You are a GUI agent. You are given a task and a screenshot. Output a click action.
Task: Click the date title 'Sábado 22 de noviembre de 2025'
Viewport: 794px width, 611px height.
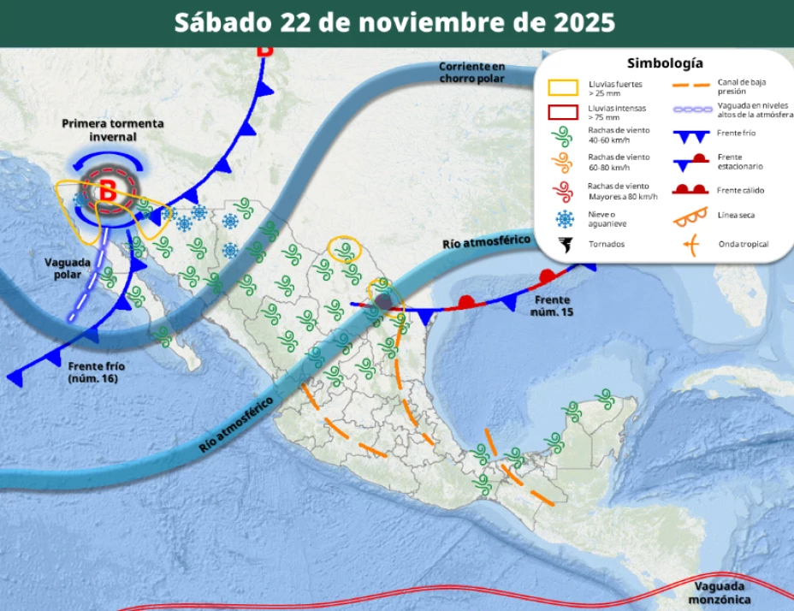pyautogui.click(x=394, y=22)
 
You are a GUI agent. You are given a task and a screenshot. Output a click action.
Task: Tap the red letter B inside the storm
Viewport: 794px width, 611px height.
pyautogui.click(x=107, y=192)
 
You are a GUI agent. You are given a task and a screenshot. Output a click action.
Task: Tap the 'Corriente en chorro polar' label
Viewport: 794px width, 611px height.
pyautogui.click(x=471, y=72)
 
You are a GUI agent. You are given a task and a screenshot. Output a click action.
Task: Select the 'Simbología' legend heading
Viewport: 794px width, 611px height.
pyautogui.click(x=665, y=63)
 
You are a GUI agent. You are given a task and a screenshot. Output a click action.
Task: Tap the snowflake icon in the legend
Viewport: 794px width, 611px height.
pyautogui.click(x=563, y=217)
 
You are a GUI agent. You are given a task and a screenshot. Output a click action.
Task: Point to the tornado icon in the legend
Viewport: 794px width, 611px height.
pyautogui.click(x=563, y=245)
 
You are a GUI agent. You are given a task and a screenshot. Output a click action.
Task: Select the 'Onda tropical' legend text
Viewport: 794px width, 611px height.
pyautogui.click(x=743, y=245)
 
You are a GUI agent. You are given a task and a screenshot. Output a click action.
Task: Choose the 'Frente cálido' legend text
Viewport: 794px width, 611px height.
pyautogui.click(x=741, y=190)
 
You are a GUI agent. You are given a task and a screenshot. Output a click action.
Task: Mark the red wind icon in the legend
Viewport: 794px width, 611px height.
pyautogui.click(x=563, y=190)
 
